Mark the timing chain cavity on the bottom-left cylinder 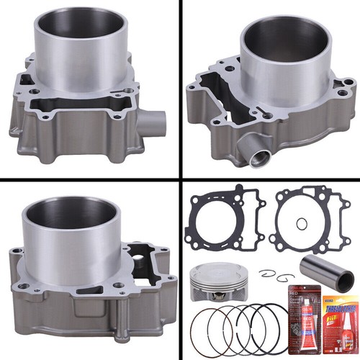[x=148, y=259]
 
